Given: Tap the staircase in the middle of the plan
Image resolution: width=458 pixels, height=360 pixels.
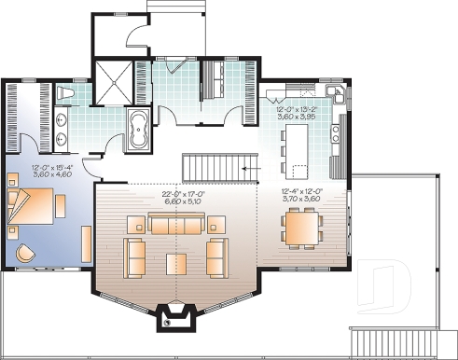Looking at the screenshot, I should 216,167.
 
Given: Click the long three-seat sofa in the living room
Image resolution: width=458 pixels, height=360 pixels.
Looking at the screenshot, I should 175,225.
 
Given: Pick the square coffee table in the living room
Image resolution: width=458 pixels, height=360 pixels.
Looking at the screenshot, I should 176,263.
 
